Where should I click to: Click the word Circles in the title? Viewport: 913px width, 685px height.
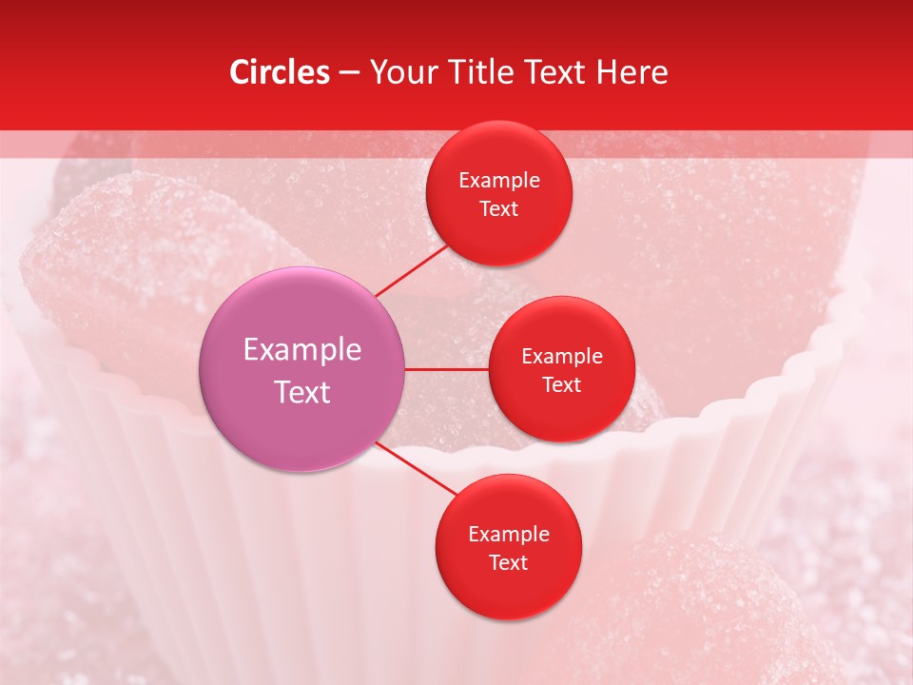[279, 72]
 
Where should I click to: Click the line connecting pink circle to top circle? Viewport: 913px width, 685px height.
[411, 269]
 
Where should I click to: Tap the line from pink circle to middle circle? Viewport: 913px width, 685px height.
[447, 369]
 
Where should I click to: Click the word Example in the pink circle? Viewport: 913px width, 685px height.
[302, 350]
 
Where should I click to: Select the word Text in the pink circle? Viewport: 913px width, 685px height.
[302, 392]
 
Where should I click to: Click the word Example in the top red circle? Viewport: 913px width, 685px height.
[499, 180]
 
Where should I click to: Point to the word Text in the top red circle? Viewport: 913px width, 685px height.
[499, 208]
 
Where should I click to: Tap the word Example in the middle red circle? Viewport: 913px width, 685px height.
[562, 356]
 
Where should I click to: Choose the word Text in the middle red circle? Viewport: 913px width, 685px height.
[562, 384]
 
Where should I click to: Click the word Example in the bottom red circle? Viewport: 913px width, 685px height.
[509, 534]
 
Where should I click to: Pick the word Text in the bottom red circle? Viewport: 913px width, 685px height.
[509, 562]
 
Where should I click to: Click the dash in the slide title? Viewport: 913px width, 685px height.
[349, 73]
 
